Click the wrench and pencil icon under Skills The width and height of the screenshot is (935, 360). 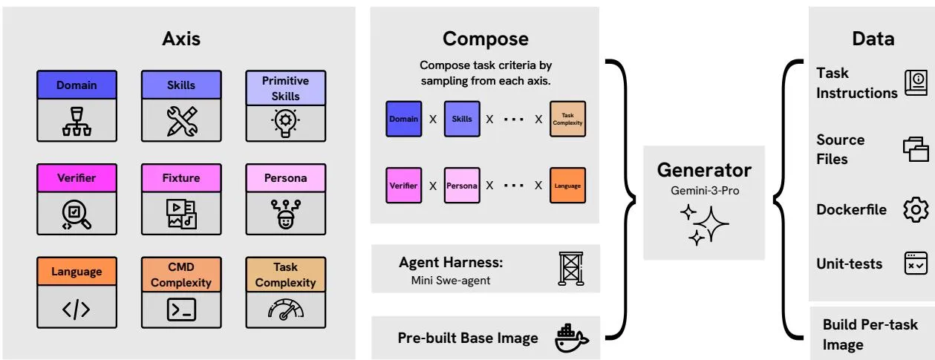(181, 122)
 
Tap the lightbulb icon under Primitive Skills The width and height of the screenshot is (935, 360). (285, 123)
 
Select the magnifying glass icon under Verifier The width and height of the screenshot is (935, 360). (76, 215)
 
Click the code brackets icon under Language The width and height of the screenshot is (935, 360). (76, 310)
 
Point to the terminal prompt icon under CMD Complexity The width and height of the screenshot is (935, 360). (181, 310)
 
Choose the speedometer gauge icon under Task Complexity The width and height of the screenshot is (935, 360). (285, 310)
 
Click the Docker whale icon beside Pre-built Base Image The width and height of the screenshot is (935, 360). (571, 338)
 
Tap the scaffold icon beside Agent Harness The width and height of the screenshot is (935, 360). (571, 269)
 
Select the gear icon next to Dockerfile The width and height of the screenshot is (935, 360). (916, 209)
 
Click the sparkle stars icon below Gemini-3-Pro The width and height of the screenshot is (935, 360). (704, 224)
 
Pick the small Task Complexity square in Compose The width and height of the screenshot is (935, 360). (567, 119)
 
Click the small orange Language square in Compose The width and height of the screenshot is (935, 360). (567, 186)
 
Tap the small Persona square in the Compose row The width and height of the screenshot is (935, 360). (462, 186)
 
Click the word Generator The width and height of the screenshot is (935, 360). (704, 170)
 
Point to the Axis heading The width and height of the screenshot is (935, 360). (181, 39)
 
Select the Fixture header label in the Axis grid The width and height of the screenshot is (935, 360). (181, 178)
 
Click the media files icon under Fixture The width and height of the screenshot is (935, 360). (181, 214)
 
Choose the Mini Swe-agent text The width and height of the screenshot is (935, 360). (451, 281)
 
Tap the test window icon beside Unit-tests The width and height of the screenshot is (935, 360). (916, 264)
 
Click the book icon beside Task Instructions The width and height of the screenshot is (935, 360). (916, 83)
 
